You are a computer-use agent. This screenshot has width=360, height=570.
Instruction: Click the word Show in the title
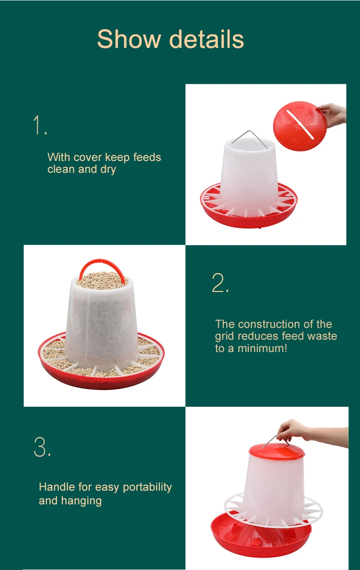point(129,39)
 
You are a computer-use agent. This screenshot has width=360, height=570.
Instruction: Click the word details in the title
point(206,39)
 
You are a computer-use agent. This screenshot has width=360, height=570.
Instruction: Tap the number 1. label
point(40,125)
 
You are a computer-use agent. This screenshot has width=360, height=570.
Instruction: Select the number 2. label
point(220,283)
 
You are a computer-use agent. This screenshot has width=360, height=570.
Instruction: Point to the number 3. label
point(42,447)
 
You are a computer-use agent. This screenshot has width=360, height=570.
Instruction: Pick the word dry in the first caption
point(108,170)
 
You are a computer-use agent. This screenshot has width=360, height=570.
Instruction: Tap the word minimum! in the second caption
point(262,348)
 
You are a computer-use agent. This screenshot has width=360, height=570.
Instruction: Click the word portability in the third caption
point(147,487)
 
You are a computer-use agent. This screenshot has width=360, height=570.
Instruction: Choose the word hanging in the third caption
point(82,501)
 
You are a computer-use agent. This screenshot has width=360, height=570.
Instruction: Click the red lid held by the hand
point(299,126)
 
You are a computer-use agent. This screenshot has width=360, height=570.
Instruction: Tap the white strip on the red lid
point(300,124)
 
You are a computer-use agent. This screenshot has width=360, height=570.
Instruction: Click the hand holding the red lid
point(333,115)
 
